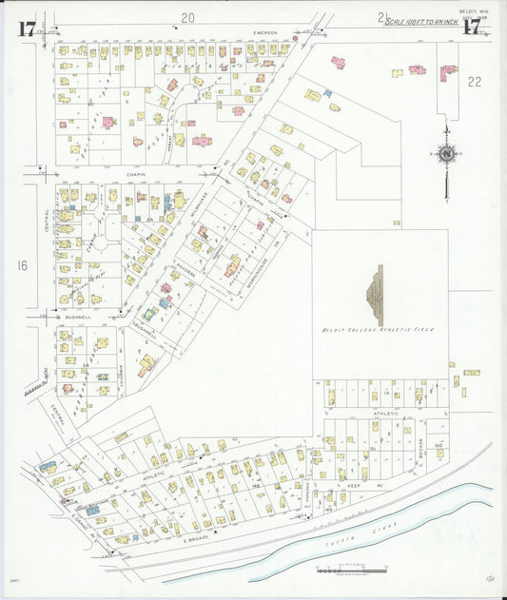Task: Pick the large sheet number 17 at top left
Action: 26,29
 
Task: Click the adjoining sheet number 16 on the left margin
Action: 22,265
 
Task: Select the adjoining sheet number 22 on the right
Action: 474,82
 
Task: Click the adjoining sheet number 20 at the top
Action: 187,17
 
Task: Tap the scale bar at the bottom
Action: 351,570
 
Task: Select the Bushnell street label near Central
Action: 77,317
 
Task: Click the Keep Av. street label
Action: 349,486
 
